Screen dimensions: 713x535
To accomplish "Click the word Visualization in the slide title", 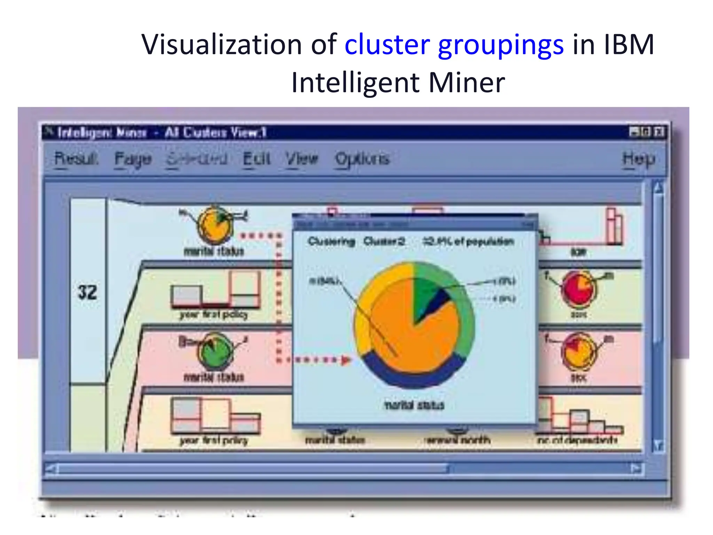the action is [x=221, y=45].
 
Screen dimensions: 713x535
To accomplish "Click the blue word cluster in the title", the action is [x=387, y=45].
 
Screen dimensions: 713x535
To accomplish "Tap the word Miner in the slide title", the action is [x=467, y=83].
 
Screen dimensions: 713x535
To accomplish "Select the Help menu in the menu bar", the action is [x=638, y=159].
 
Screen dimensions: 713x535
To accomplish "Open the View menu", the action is [x=301, y=158].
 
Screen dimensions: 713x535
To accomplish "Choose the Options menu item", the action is [x=362, y=159].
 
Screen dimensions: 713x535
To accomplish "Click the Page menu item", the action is [x=133, y=159].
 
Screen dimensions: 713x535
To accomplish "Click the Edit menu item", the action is [x=256, y=158].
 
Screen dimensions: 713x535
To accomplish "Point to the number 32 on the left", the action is [x=87, y=292].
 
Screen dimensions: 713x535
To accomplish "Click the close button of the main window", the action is [x=659, y=132].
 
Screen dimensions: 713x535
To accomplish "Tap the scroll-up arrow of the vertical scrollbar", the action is [x=658, y=188].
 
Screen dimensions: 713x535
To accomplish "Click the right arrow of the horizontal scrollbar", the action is [x=636, y=469].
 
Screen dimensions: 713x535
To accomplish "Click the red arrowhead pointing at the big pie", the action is [x=346, y=360].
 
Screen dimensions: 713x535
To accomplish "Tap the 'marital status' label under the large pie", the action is [x=414, y=405].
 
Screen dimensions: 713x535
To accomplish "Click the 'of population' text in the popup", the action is [x=484, y=241].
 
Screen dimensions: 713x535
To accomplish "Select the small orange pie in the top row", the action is [x=215, y=225].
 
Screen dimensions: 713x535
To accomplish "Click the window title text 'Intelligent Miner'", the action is [x=102, y=133].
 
